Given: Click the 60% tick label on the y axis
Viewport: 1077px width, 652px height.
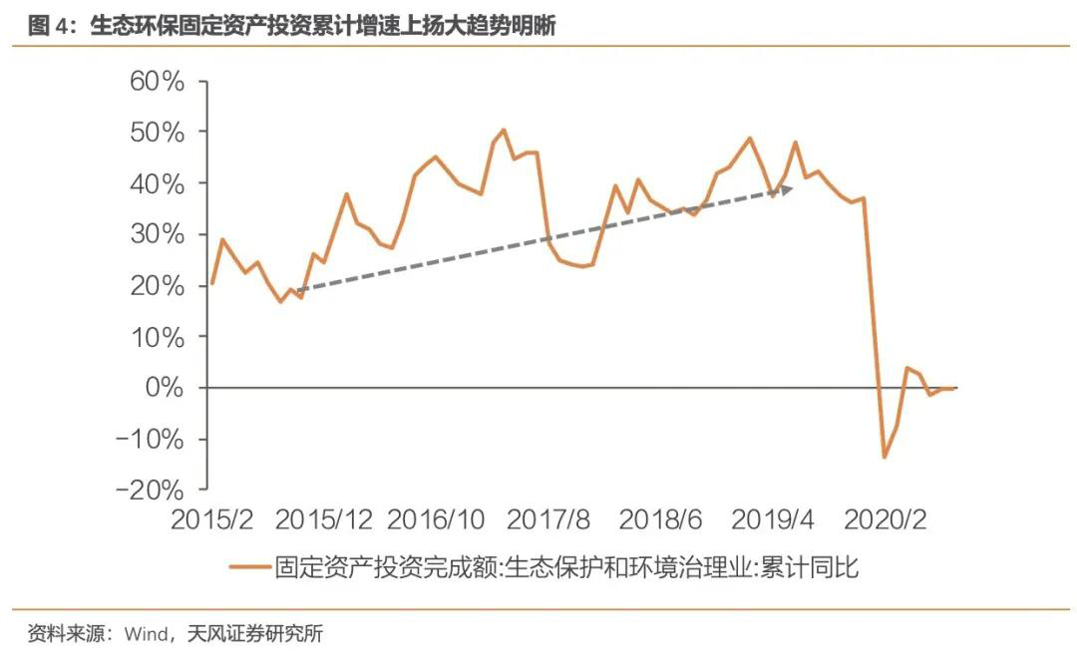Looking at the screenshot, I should click(x=157, y=81).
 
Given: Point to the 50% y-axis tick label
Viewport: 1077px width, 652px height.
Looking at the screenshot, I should click(x=157, y=132).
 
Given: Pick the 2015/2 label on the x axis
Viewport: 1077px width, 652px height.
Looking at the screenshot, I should click(x=211, y=519).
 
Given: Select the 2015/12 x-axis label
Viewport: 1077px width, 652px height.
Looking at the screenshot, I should click(x=323, y=519).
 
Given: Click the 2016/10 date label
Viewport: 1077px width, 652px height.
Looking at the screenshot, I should click(x=437, y=519).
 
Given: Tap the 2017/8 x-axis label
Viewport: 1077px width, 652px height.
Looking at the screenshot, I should click(x=549, y=519).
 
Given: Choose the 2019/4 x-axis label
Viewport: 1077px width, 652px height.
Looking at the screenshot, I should click(x=774, y=519).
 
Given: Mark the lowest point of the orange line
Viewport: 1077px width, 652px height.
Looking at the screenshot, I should click(x=884, y=457).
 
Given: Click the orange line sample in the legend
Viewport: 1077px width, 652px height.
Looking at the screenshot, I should click(x=249, y=569).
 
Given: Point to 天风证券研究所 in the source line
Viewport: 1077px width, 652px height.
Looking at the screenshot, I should click(x=256, y=633).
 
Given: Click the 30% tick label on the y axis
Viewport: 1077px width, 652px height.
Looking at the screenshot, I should click(x=157, y=234).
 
